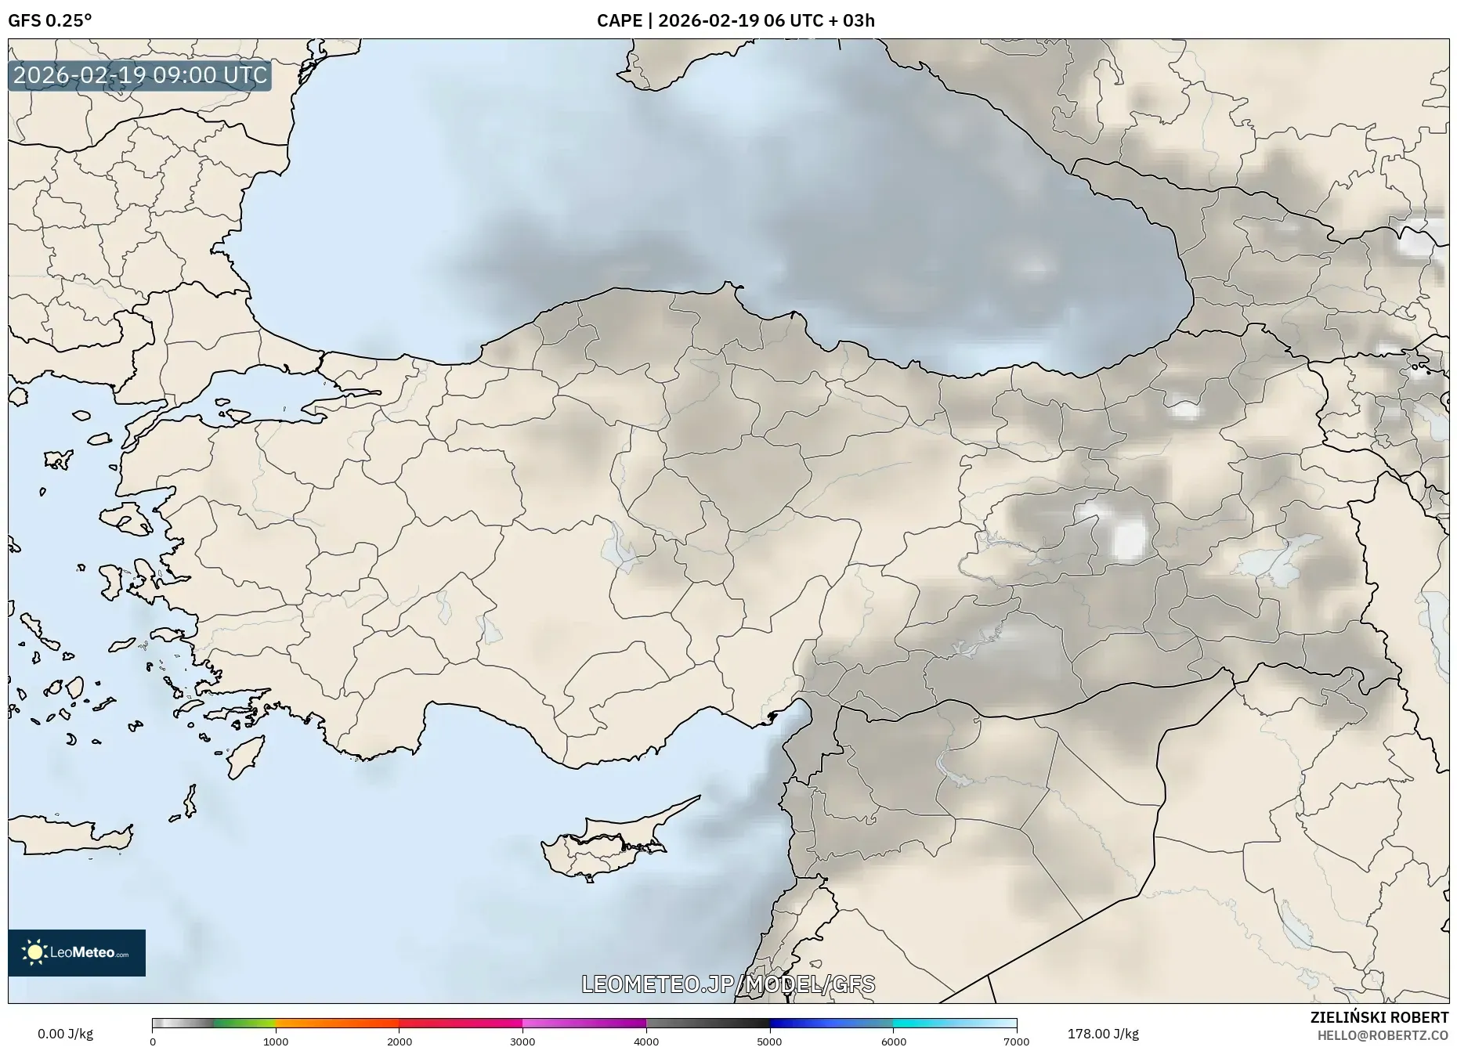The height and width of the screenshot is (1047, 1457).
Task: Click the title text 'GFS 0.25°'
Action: (49, 20)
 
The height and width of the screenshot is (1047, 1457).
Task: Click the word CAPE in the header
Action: (619, 20)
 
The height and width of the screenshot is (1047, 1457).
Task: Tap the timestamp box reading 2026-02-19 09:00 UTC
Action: (140, 75)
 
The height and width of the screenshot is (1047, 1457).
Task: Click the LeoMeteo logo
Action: (77, 952)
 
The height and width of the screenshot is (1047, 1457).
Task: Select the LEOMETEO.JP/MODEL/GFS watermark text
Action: (728, 984)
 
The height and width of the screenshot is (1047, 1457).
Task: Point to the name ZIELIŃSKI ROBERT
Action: (1379, 1017)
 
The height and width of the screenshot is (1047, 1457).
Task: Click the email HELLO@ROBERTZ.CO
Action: (1382, 1035)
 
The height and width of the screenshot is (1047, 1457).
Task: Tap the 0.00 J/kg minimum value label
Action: (65, 1034)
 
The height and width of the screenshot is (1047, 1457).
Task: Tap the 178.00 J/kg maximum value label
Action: (1103, 1034)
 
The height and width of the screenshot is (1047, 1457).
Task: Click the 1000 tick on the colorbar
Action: (276, 1041)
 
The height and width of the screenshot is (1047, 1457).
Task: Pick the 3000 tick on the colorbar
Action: (522, 1041)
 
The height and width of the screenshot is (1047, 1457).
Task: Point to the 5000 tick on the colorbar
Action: (769, 1041)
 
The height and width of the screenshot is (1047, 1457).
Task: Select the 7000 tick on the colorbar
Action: (1016, 1041)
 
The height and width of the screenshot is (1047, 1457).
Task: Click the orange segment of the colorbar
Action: (337, 1023)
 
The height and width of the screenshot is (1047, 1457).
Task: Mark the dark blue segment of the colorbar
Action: (807, 1023)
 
